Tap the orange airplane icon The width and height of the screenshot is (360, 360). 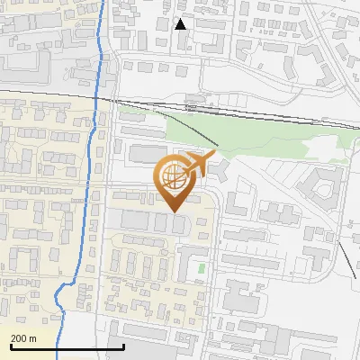click(x=200, y=163)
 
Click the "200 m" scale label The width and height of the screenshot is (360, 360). click(x=24, y=337)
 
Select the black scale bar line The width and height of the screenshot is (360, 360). click(x=67, y=346)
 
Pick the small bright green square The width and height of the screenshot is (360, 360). click(x=201, y=267)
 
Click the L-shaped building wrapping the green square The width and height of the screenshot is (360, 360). click(x=186, y=264)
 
